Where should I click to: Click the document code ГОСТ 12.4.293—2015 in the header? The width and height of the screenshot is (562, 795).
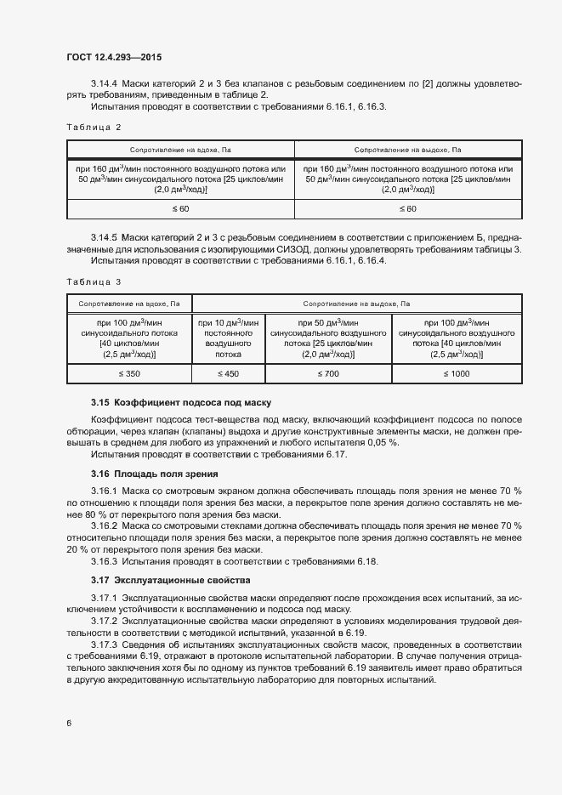click(113, 58)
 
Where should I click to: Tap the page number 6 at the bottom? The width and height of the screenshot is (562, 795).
click(68, 723)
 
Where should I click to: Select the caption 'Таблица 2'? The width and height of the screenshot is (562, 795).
click(94, 127)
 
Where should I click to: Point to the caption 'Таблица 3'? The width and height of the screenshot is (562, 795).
click(94, 281)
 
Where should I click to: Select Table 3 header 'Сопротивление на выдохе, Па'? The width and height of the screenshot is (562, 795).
click(356, 303)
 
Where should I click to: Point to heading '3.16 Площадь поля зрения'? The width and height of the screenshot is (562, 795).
click(155, 473)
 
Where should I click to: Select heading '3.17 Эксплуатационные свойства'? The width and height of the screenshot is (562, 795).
click(170, 580)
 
